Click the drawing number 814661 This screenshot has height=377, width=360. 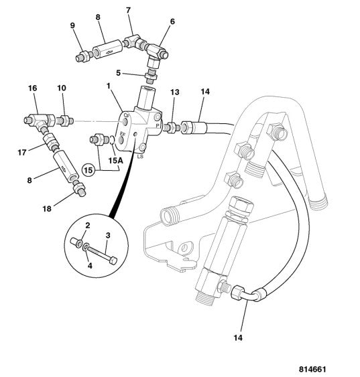[312, 369]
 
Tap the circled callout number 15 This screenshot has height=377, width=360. [88, 170]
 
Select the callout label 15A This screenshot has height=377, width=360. [115, 160]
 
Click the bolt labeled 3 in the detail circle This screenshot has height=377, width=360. [102, 254]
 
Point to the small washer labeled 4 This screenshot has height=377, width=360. [86, 247]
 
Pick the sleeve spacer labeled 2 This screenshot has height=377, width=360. [77, 242]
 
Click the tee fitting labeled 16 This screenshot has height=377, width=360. [40, 121]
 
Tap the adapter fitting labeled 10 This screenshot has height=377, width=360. [65, 121]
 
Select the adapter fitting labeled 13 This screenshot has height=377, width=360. [172, 127]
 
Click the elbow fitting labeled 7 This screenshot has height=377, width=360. [133, 42]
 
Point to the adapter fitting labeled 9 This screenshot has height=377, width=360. [84, 56]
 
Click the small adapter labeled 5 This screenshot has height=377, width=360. [151, 76]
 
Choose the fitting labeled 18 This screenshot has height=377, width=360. [79, 189]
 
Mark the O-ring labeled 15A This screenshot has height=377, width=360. [112, 140]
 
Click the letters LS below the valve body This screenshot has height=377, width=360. [140, 157]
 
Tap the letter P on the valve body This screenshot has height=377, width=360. [158, 125]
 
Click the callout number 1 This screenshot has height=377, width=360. [109, 86]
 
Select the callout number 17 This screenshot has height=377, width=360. [22, 153]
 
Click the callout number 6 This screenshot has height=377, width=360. [172, 21]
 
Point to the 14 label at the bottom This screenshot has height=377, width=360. [238, 337]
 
